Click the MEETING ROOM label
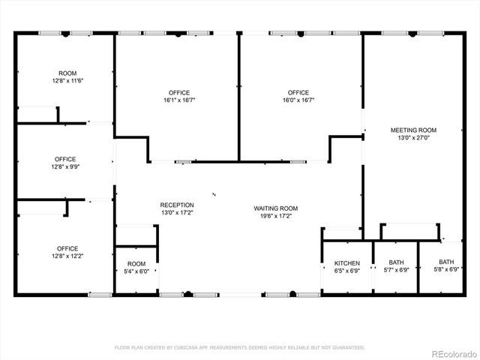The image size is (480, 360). (x=413, y=130)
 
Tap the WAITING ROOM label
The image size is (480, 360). (x=276, y=208)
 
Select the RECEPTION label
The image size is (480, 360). (x=177, y=205)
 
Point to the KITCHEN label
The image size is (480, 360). (x=346, y=263)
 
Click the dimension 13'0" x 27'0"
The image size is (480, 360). (x=413, y=137)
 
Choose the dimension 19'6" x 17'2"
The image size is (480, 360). (x=276, y=216)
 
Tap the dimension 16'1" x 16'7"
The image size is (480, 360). (x=177, y=100)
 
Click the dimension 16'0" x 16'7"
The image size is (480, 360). (x=298, y=100)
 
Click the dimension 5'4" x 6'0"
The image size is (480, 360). (x=136, y=271)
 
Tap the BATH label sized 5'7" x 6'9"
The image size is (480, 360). (x=396, y=262)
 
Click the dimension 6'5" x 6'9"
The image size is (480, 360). (x=346, y=271)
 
